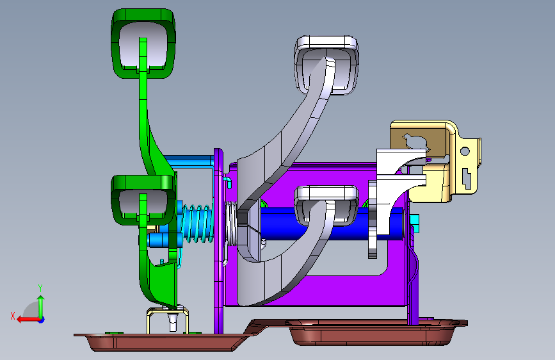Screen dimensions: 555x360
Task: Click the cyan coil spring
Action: pyautogui.click(x=198, y=223)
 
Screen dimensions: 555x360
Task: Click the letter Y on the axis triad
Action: pyautogui.click(x=40, y=288)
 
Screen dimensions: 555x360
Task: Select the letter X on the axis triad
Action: pyautogui.click(x=13, y=316)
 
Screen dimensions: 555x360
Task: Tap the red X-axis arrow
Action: pyautogui.click(x=29, y=320)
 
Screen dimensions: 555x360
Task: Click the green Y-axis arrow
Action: pyautogui.click(x=41, y=307)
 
